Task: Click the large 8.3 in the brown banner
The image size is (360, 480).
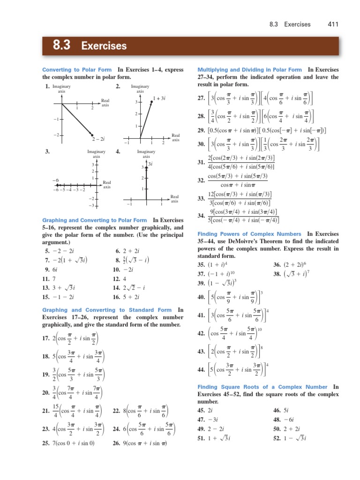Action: [x=61, y=45]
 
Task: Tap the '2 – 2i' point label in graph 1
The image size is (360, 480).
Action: [x=98, y=139]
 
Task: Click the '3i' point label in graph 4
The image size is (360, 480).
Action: [x=151, y=164]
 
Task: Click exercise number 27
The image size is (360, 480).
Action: [x=202, y=98]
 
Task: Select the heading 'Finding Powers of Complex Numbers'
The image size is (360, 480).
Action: [x=250, y=233]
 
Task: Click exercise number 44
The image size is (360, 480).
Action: [x=202, y=369]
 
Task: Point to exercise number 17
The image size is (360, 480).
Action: [x=46, y=338]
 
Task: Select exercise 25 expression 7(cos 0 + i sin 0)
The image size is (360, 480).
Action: [x=75, y=443]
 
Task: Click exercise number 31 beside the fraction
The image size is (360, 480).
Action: [x=202, y=162]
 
